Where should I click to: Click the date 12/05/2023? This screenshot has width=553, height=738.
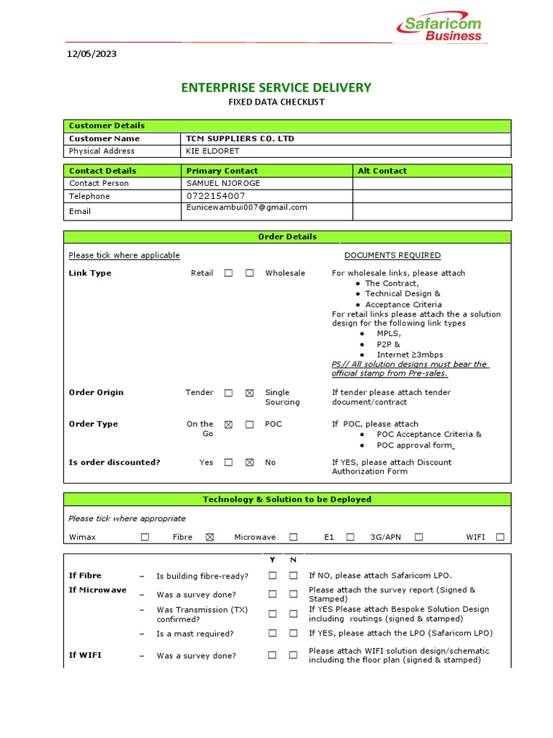pyautogui.click(x=91, y=54)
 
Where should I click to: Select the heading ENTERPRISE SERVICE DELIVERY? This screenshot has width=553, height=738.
pyautogui.click(x=276, y=88)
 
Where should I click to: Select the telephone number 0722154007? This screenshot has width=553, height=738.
pyautogui.click(x=215, y=196)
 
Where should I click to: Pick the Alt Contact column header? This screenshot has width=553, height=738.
pyautogui.click(x=382, y=171)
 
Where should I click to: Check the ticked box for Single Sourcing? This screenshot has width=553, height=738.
pyautogui.click(x=249, y=394)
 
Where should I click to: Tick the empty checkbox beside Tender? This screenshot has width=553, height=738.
pyautogui.click(x=228, y=394)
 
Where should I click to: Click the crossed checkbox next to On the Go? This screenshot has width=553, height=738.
pyautogui.click(x=228, y=424)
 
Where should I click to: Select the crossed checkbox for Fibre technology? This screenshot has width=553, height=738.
pyautogui.click(x=210, y=537)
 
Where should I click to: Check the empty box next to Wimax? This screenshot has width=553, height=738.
pyautogui.click(x=145, y=537)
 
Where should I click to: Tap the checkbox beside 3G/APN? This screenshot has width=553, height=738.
pyautogui.click(x=418, y=537)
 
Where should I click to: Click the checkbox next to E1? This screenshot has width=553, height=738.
pyautogui.click(x=350, y=537)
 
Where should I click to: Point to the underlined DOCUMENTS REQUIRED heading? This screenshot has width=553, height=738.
pyautogui.click(x=392, y=255)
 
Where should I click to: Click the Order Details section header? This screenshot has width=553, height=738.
pyautogui.click(x=287, y=236)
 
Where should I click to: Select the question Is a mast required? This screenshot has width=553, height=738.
pyautogui.click(x=195, y=634)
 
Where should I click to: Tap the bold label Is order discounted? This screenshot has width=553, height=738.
pyautogui.click(x=114, y=463)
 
